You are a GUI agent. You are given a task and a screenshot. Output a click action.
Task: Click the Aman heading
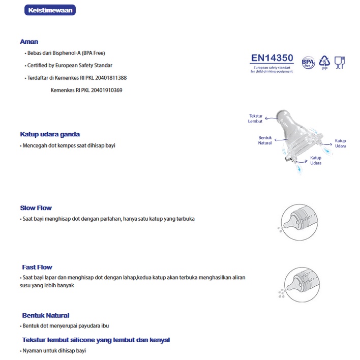tap(29, 42)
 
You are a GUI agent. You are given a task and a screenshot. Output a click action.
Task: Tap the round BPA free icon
tap(309, 63)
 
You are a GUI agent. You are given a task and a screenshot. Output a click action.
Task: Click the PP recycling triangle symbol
tap(324, 62)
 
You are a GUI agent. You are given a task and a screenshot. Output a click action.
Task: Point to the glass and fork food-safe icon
tap(339, 62)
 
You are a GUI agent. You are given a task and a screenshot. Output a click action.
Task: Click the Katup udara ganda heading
tap(50, 135)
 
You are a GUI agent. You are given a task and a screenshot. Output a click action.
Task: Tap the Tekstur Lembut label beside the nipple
tap(255, 118)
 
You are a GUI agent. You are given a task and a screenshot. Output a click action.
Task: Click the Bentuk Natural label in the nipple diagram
tap(265, 140)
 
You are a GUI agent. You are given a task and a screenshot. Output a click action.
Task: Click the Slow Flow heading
tap(36, 208)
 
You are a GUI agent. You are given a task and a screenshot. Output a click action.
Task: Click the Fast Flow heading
tap(37, 267)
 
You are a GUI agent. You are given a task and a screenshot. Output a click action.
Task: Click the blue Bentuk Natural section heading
tap(46, 316)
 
